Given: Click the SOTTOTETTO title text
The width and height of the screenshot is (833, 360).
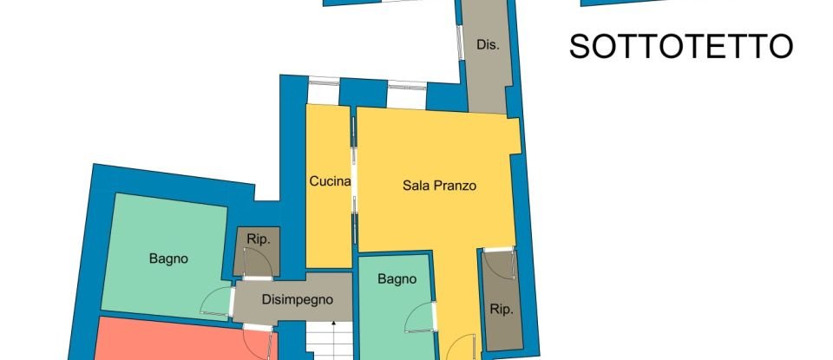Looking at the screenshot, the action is click(x=681, y=46).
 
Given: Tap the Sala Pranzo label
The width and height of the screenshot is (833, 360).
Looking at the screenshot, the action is click(x=440, y=186).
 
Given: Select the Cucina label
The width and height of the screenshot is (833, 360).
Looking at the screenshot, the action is click(x=330, y=182).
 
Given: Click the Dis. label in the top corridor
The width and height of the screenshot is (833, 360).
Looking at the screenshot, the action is click(x=488, y=46).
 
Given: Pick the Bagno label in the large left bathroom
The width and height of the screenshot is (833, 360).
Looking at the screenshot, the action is click(x=168, y=258).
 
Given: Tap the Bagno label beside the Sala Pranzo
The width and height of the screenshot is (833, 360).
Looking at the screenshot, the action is click(x=397, y=279).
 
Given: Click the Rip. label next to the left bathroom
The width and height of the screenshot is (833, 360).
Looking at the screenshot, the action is click(x=258, y=239).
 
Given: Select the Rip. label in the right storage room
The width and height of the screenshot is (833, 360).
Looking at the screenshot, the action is click(x=501, y=309).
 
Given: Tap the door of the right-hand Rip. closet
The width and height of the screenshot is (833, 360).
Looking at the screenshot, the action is click(x=499, y=262).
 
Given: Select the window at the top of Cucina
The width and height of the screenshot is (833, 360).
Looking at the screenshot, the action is click(x=324, y=84).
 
